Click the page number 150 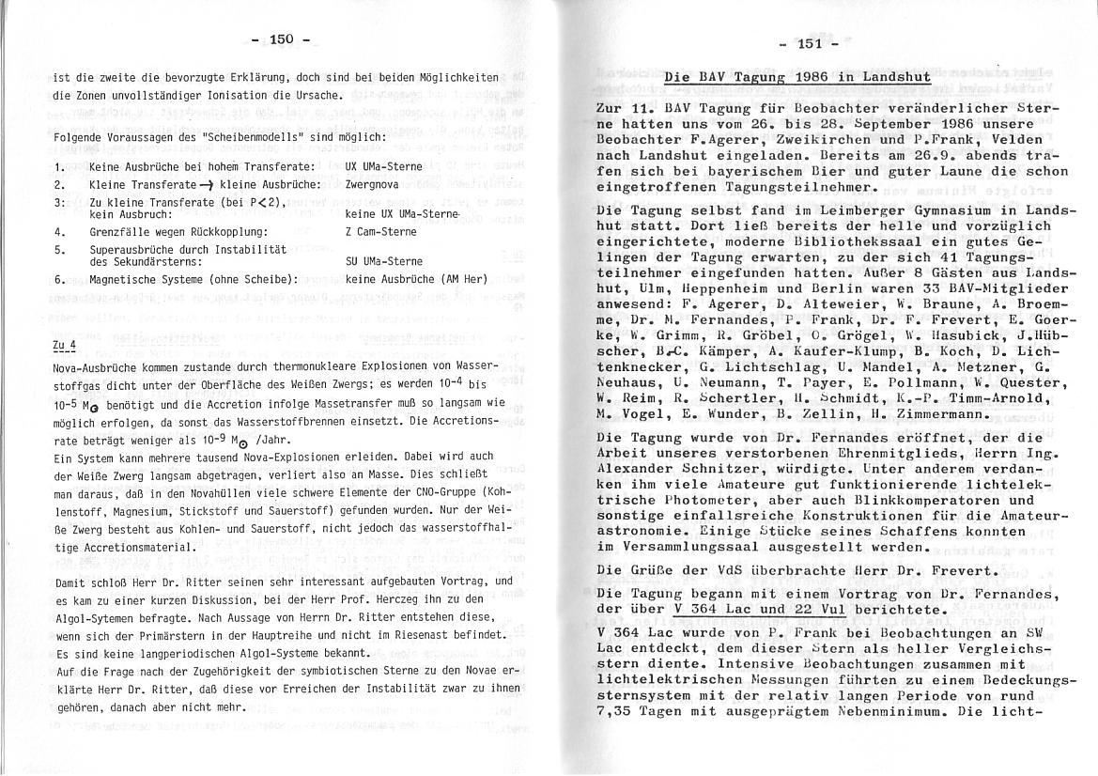click(281, 39)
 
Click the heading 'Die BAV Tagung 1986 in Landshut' click(796, 77)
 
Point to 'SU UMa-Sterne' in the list click(384, 261)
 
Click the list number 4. click(58, 231)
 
